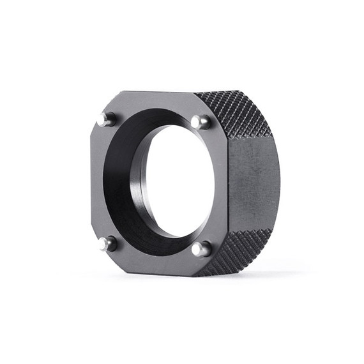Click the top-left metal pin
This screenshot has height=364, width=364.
pos(105,119)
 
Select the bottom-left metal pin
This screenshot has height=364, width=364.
pos(107,243)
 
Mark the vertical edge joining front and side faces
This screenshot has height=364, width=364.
pos(228,185)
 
